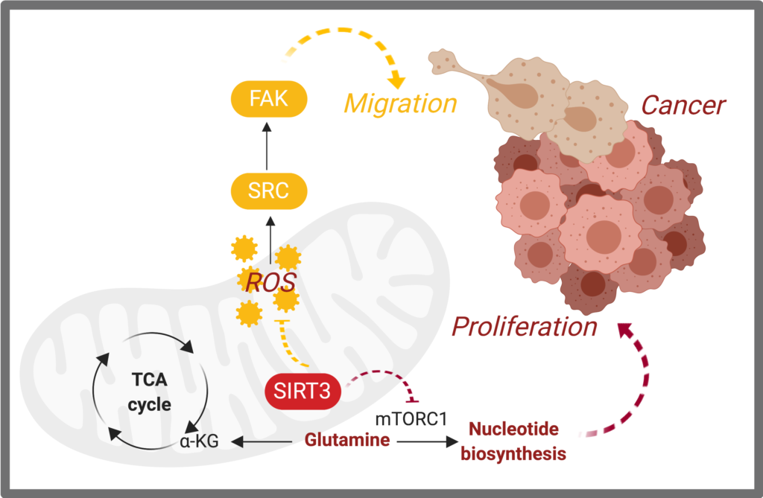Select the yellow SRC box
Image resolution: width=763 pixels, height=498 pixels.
(x=269, y=190)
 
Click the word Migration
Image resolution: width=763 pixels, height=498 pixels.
(x=400, y=103)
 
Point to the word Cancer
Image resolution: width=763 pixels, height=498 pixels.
(x=683, y=105)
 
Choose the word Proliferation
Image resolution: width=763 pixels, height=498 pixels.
(x=525, y=326)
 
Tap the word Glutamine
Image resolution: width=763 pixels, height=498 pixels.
(x=347, y=440)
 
